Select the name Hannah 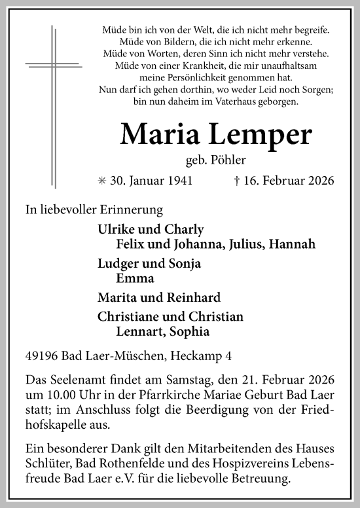tap(297, 244)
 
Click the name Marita tap(116, 297)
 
